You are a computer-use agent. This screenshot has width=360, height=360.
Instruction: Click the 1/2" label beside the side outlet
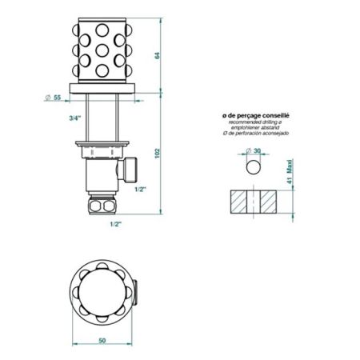[140, 190]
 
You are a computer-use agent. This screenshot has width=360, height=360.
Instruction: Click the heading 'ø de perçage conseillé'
[256, 114]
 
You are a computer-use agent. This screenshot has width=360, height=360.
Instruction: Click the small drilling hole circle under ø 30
[255, 168]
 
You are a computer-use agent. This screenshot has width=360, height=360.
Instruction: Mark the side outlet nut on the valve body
[130, 170]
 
